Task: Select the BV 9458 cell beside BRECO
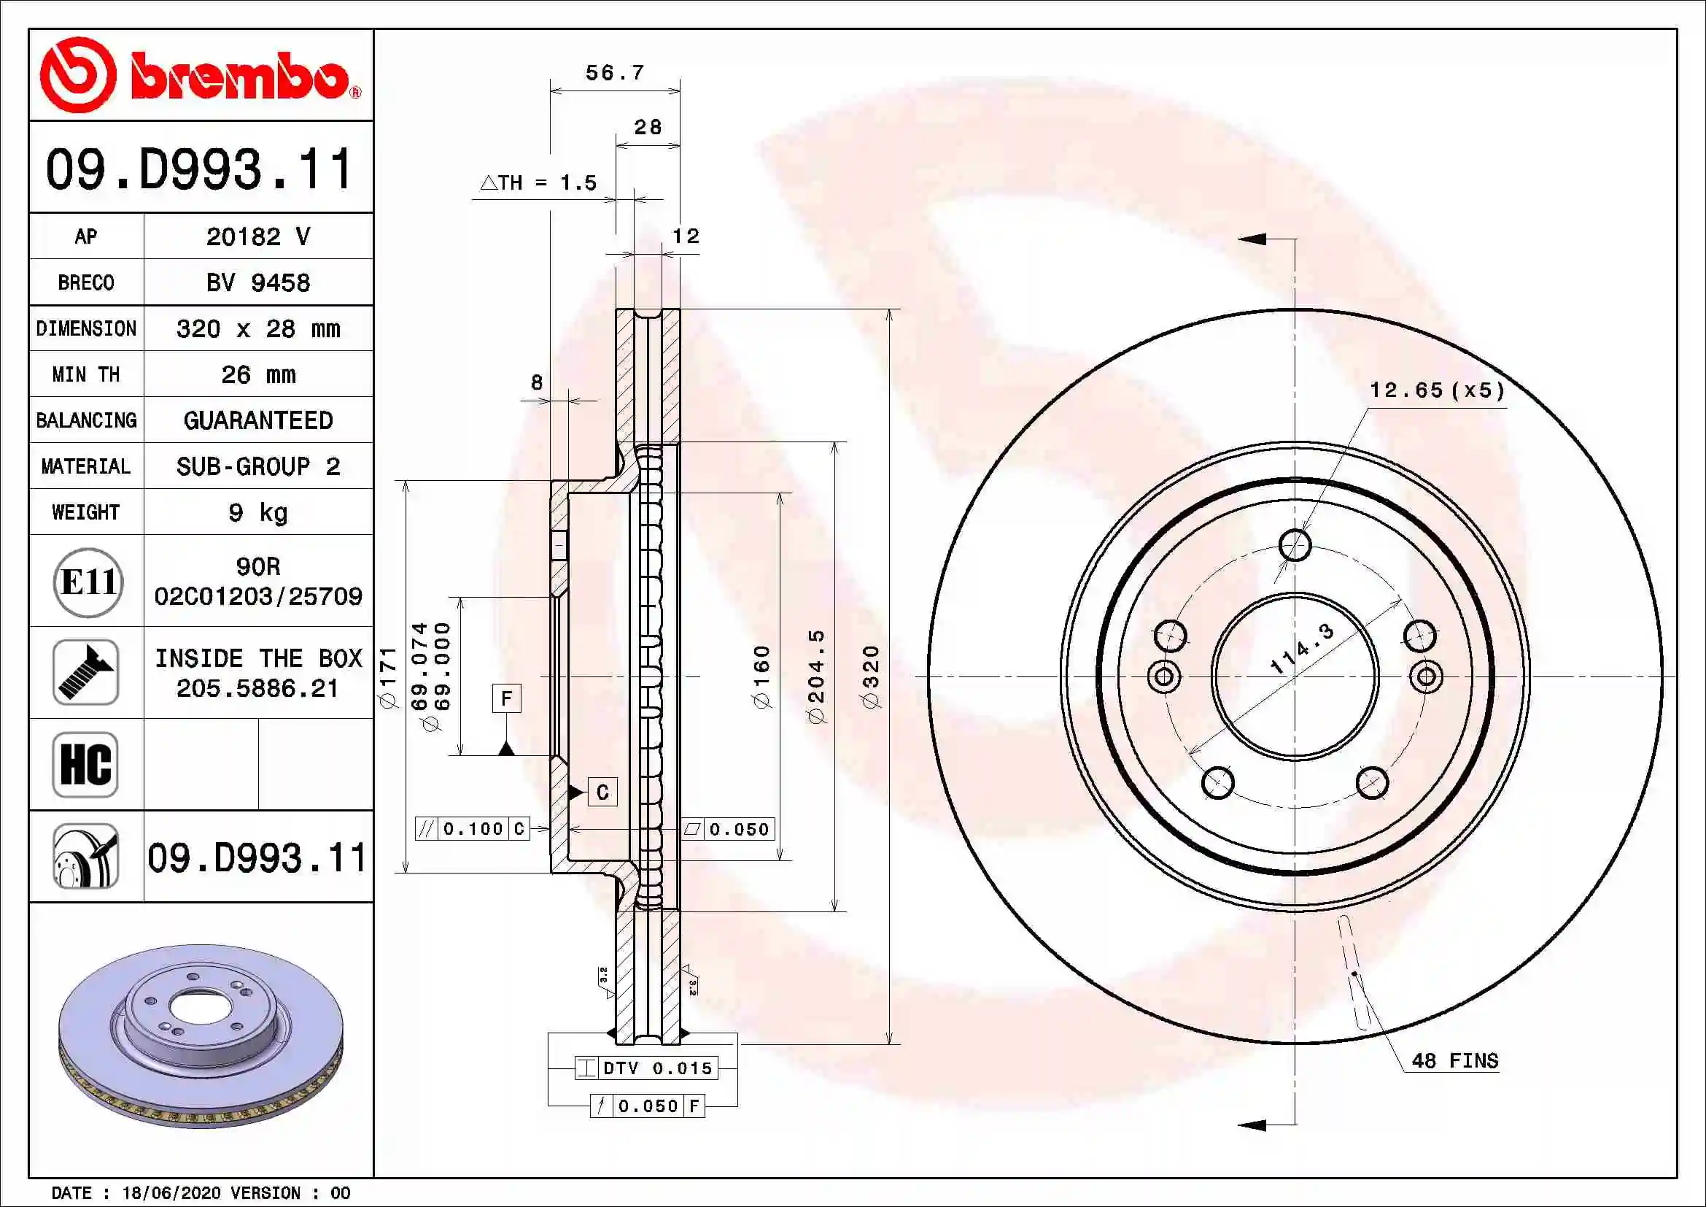(257, 282)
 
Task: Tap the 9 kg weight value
(257, 512)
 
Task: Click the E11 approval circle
(88, 582)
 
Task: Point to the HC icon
(85, 764)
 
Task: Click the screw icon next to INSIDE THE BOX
(85, 673)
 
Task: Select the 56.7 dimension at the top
(614, 73)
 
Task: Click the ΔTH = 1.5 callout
(539, 183)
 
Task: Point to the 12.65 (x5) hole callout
(1437, 391)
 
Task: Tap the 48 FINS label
(1454, 1060)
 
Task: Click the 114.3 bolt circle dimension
(1302, 649)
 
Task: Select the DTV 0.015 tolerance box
(646, 1068)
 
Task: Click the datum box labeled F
(507, 698)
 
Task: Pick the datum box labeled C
(602, 793)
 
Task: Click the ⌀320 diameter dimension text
(870, 676)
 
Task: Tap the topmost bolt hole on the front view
(1295, 546)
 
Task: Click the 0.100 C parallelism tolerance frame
(473, 829)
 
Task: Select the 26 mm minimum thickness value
(257, 374)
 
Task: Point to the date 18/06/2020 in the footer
(171, 1193)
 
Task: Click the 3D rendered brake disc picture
(201, 1037)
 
